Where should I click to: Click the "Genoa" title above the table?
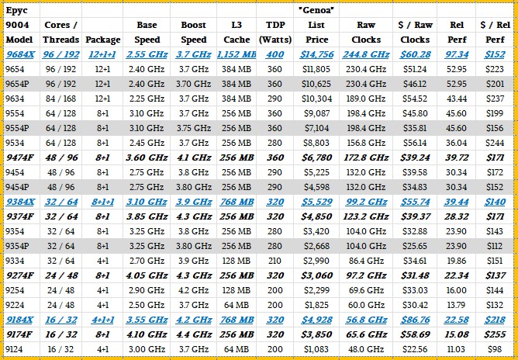pyautogui.click(x=315, y=9)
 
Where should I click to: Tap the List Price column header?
pyautogui.click(x=316, y=32)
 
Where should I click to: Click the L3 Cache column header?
pyautogui.click(x=236, y=32)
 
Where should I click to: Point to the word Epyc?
pyautogui.click(x=16, y=11)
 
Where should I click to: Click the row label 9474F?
pyautogui.click(x=21, y=157)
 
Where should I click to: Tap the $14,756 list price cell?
pyautogui.click(x=316, y=54)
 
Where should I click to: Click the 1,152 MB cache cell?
pyautogui.click(x=236, y=54)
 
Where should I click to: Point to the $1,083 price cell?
pyautogui.click(x=318, y=349)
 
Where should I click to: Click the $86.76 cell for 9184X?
pyautogui.click(x=414, y=320)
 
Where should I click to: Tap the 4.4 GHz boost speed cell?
pyautogui.click(x=193, y=334)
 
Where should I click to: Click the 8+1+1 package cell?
pyautogui.click(x=103, y=202)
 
